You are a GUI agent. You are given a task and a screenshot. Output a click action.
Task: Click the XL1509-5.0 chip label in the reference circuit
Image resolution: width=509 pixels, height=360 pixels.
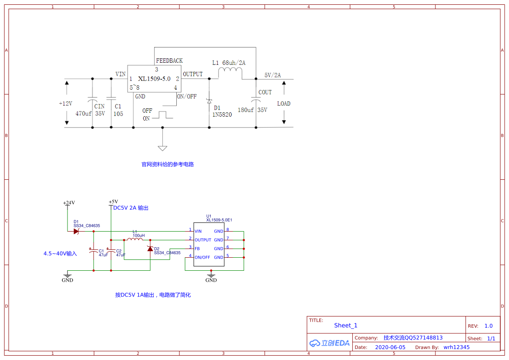point(154,79)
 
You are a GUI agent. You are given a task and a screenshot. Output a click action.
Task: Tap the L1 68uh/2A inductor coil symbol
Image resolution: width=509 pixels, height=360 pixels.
point(230,72)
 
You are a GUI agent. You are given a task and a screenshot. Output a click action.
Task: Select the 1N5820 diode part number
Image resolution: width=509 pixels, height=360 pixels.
point(222,114)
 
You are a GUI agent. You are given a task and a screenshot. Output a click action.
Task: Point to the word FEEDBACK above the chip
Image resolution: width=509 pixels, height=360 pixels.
point(169,61)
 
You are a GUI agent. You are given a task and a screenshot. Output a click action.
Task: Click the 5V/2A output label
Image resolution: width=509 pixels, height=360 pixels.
point(273,75)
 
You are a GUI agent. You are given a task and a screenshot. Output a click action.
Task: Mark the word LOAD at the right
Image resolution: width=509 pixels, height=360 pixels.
point(284,104)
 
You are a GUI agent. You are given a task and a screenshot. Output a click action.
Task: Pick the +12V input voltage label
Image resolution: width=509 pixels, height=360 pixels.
point(66,104)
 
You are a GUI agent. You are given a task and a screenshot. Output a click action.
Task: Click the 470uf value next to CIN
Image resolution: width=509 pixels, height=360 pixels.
point(84,114)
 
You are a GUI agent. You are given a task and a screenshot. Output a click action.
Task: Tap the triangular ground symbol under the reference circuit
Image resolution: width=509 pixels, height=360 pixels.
point(162,148)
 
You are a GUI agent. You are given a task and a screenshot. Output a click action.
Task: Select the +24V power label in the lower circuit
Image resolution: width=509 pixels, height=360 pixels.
point(69,203)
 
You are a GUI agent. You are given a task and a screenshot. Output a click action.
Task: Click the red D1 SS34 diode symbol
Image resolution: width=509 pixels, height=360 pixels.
point(76,232)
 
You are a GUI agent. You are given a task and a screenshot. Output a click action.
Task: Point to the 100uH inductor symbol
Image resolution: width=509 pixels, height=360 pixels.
point(134,239)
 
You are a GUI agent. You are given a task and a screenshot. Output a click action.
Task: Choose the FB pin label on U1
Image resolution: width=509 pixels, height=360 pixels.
point(197,249)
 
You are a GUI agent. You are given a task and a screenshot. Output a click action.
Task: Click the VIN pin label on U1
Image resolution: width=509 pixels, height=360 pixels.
point(198,232)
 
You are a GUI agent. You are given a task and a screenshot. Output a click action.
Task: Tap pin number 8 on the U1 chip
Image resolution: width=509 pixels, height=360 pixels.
point(228,229)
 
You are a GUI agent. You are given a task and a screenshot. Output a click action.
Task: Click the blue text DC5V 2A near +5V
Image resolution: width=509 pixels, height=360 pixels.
point(125,208)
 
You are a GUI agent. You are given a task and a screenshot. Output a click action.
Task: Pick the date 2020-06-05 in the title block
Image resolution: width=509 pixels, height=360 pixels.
point(390,347)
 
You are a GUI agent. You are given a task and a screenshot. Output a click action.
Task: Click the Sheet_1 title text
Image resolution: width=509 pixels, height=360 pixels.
point(346,325)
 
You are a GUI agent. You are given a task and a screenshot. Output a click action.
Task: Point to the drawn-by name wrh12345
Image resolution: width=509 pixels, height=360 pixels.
point(456,347)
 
